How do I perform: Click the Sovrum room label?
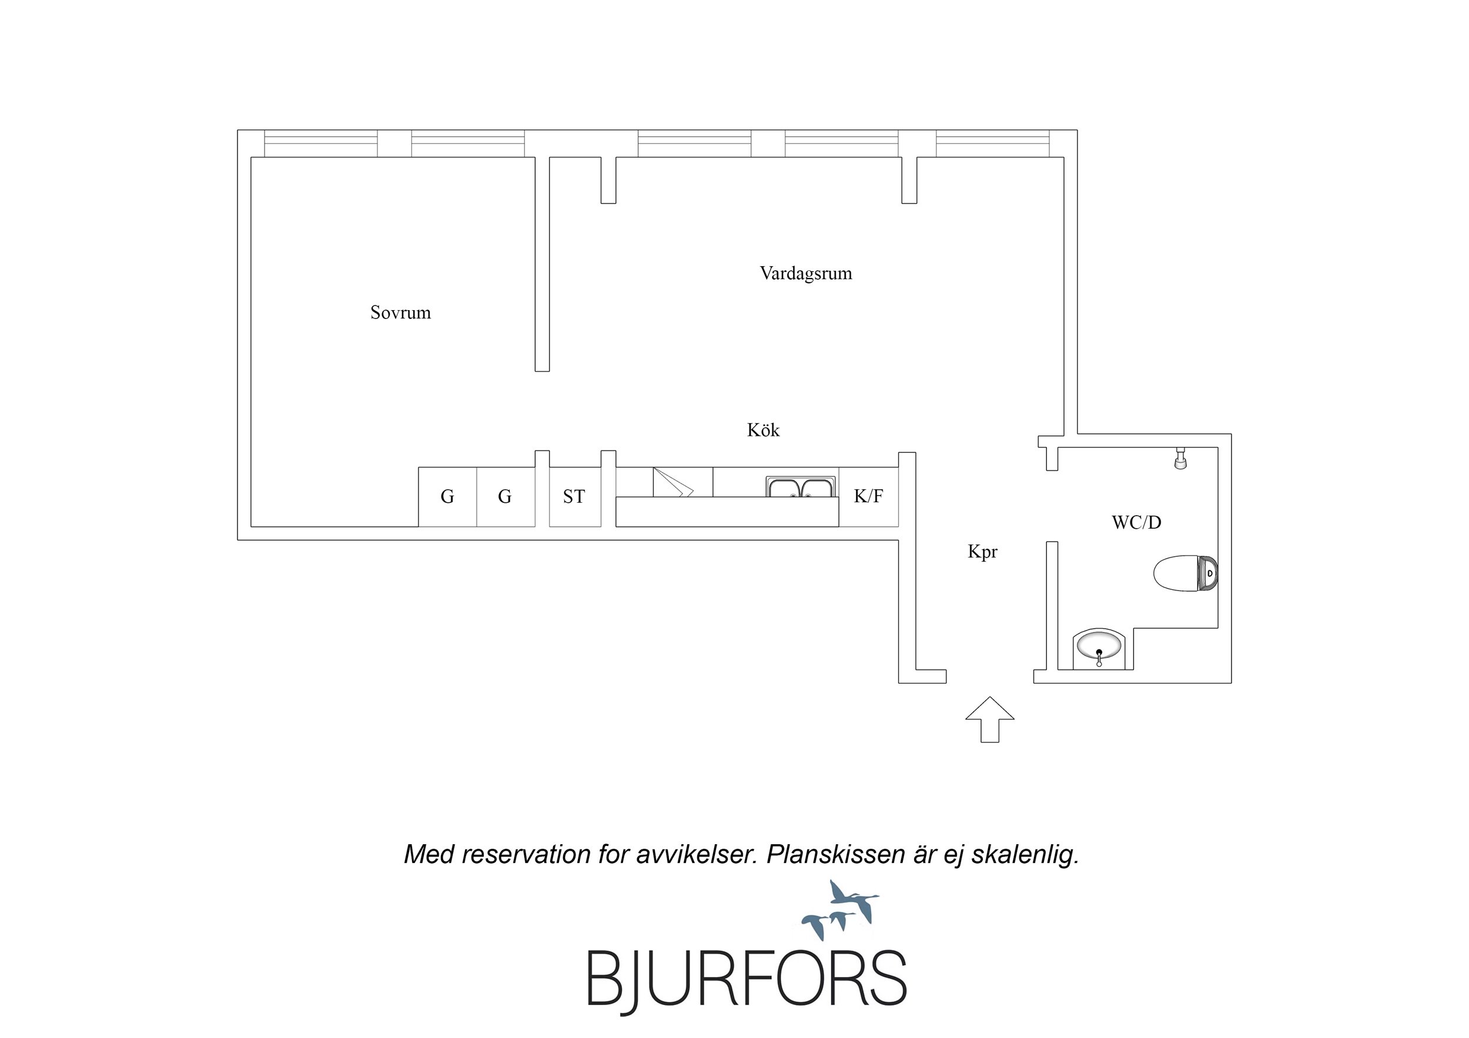(x=400, y=313)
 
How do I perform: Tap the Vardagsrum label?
(x=805, y=274)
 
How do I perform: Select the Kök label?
(x=763, y=430)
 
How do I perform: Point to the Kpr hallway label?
(x=982, y=552)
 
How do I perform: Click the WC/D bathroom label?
(x=1136, y=522)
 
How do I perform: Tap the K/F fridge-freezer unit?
(x=868, y=497)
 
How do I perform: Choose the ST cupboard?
(x=574, y=497)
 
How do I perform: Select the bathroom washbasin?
(x=1099, y=649)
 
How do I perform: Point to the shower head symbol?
(x=1180, y=459)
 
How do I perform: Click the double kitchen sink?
(x=801, y=487)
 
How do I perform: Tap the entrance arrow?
(x=990, y=720)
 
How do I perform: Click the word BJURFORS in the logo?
(x=747, y=979)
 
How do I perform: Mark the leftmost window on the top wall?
(x=321, y=144)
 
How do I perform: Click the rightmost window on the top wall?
(x=993, y=144)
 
